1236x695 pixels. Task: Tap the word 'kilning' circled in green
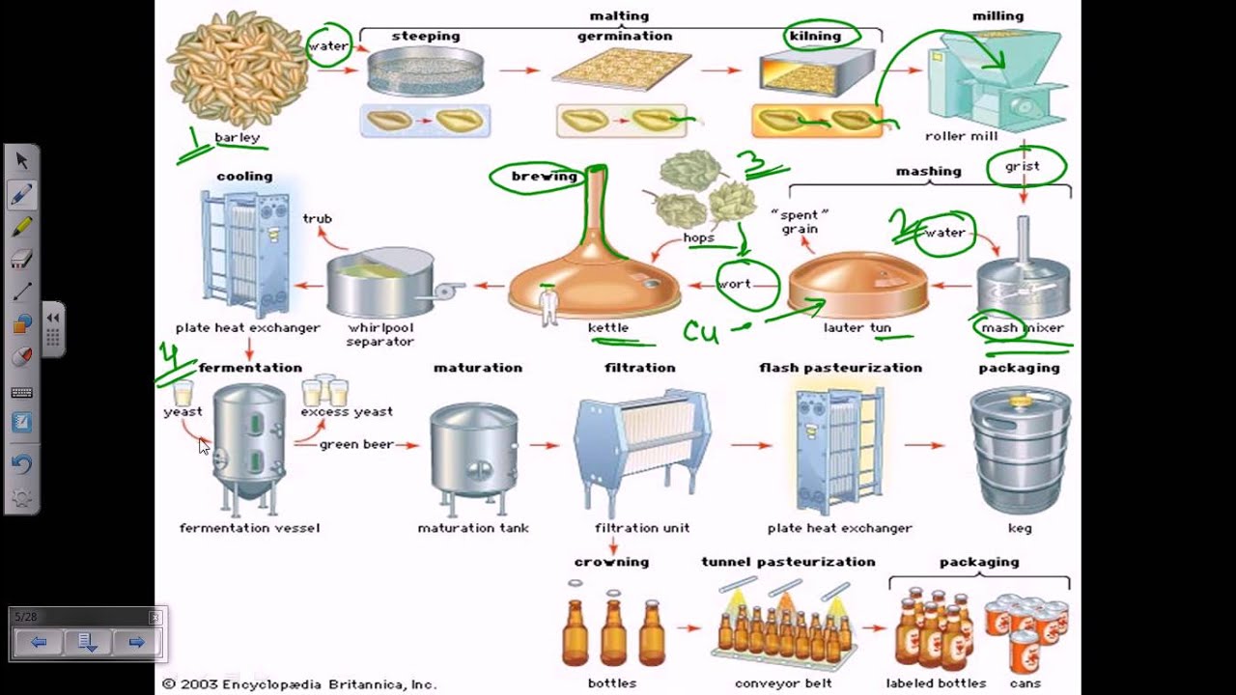(815, 36)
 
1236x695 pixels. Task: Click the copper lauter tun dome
(857, 285)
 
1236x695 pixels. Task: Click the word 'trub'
(317, 219)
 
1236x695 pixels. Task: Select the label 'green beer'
(356, 445)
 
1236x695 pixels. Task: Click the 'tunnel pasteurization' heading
(788, 562)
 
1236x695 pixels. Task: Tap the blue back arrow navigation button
(39, 642)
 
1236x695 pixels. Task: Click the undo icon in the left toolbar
(21, 463)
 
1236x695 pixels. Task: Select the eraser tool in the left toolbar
(21, 259)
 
